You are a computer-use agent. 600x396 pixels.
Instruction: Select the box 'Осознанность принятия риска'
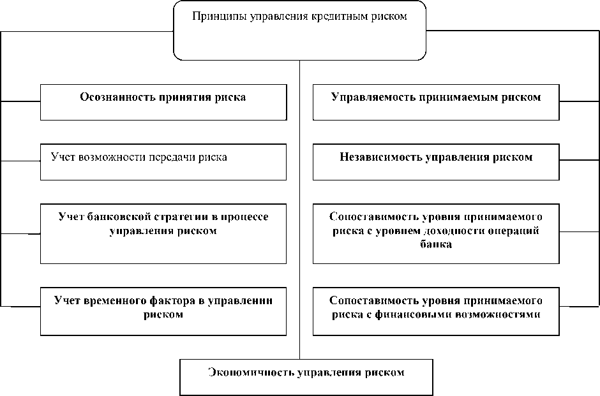click(x=163, y=102)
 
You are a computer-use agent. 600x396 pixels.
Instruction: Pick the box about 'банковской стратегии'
click(x=163, y=233)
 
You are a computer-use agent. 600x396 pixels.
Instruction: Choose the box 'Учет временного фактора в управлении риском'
click(x=163, y=311)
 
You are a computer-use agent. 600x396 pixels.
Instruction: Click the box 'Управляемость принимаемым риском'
click(x=436, y=102)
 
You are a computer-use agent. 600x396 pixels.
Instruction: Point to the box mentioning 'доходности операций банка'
click(x=436, y=233)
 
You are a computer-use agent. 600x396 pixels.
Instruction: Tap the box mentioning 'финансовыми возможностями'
click(x=436, y=311)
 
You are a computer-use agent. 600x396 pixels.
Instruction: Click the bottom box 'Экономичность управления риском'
click(x=306, y=378)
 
